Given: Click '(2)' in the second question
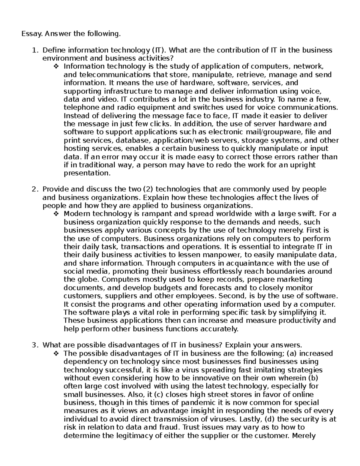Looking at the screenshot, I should coord(149,189).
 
